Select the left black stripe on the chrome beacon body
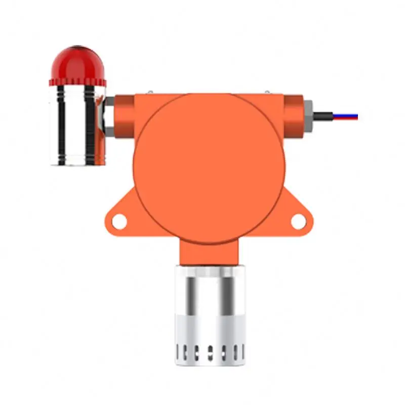pyautogui.click(x=61, y=124)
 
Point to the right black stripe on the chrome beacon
pyautogui.click(x=90, y=124)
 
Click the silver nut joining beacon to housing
pyautogui.click(x=108, y=115)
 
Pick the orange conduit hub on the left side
pyautogui.click(x=124, y=114)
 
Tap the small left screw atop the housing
pyautogui.click(x=151, y=92)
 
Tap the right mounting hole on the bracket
pyautogui.click(x=299, y=221)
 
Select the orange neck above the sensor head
pyautogui.click(x=209, y=253)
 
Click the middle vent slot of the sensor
pyautogui.click(x=210, y=350)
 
